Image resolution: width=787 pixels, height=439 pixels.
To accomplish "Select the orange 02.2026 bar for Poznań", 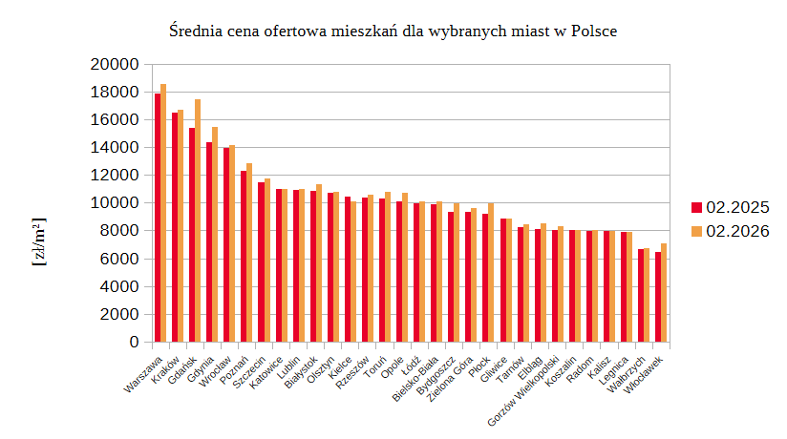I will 249,253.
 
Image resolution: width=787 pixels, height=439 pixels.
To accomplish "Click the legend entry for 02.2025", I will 731,207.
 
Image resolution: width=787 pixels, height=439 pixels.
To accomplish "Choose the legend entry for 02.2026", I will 731,231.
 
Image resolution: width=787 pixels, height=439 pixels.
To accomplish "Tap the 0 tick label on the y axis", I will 134,342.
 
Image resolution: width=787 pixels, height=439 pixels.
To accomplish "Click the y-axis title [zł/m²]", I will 39,243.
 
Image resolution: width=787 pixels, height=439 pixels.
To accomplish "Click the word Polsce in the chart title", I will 594,31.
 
